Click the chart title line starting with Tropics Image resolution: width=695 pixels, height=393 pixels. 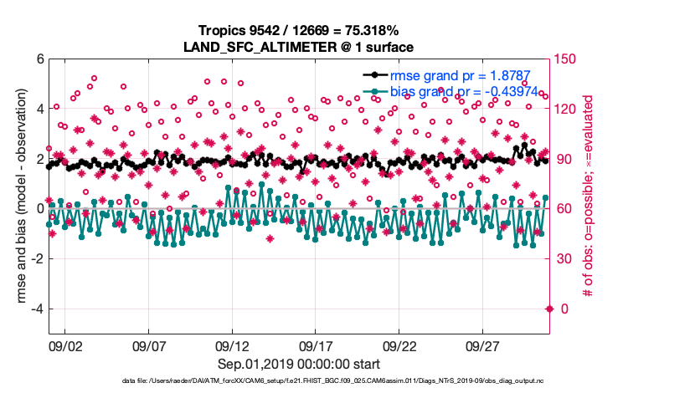[298, 31]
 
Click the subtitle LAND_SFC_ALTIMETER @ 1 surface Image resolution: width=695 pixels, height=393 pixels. [298, 46]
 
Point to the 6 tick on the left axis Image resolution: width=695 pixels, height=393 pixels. [38, 59]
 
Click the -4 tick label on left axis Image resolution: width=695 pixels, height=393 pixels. [35, 309]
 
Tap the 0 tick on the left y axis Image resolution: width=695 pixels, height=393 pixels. [38, 209]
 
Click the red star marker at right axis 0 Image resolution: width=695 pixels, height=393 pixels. [549, 309]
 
